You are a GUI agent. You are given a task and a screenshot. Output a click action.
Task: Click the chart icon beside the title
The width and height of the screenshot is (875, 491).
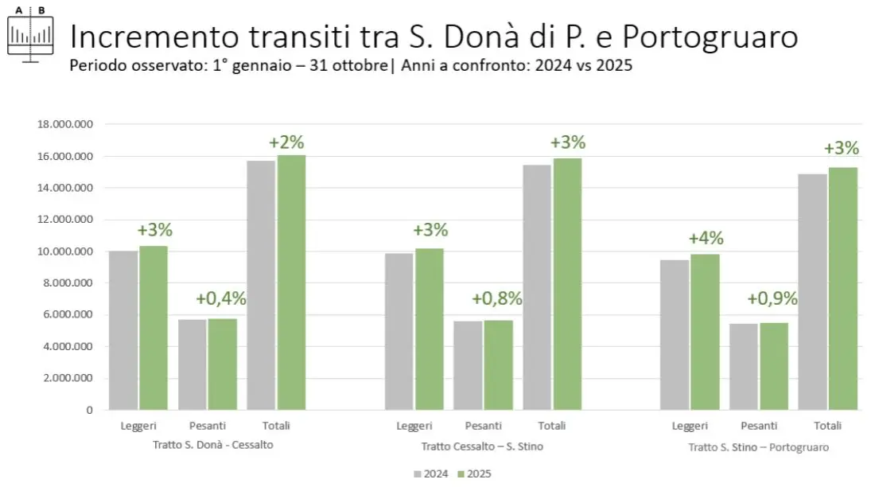pyautogui.click(x=30, y=34)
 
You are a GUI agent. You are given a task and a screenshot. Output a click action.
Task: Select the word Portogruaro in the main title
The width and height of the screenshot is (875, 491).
pyautogui.click(x=710, y=37)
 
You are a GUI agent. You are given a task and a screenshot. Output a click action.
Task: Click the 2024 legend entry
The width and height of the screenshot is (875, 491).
pyautogui.click(x=430, y=474)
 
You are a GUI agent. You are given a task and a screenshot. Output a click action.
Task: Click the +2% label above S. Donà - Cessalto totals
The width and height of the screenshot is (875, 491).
pyautogui.click(x=286, y=142)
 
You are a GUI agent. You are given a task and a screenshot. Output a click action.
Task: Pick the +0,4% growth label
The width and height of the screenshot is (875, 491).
pyautogui.click(x=220, y=299)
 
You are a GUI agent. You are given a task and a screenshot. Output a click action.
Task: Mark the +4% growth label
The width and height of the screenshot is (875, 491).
pyautogui.click(x=706, y=238)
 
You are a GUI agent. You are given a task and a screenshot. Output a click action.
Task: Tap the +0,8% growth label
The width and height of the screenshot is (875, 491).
pyautogui.click(x=496, y=299)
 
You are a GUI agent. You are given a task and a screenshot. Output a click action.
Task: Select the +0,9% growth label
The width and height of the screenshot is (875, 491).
pyautogui.click(x=772, y=299)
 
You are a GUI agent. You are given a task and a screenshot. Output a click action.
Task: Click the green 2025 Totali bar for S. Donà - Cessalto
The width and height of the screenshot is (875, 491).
pyautogui.click(x=292, y=283)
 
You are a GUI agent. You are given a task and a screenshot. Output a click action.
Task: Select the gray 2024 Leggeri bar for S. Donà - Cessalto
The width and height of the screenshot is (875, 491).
pyautogui.click(x=123, y=330)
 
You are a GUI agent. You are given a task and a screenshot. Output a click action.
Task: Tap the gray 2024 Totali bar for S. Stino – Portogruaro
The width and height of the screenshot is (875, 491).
pyautogui.click(x=812, y=291)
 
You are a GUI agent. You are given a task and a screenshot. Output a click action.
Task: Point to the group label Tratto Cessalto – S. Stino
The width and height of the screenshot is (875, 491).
pyautogui.click(x=482, y=446)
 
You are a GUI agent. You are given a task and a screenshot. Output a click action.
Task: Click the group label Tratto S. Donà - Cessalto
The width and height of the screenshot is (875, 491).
pyautogui.click(x=212, y=445)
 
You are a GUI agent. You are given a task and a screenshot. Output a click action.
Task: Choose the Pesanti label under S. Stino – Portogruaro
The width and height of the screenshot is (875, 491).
pyautogui.click(x=759, y=427)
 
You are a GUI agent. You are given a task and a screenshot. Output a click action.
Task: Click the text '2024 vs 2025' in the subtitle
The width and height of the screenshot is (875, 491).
pyautogui.click(x=584, y=66)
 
